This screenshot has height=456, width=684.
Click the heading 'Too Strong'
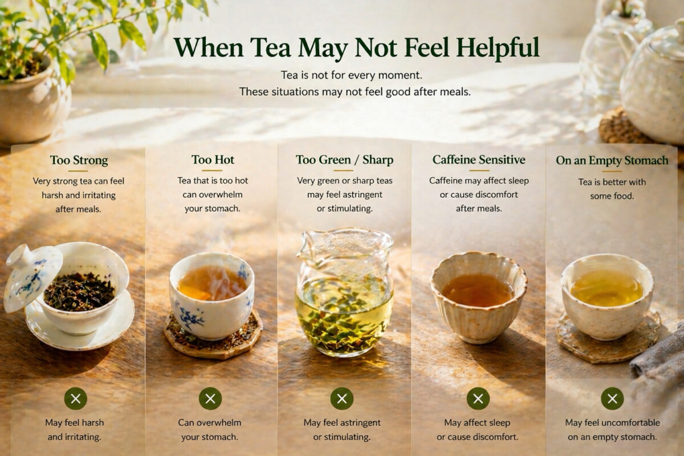(79, 160)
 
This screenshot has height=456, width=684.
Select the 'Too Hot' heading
(213, 160)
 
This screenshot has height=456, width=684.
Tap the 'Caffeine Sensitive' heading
(479, 160)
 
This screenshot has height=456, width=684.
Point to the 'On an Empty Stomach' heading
(612, 161)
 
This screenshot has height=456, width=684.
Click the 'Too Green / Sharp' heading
(344, 160)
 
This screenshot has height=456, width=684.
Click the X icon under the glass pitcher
(342, 398)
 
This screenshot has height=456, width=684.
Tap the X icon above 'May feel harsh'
(75, 398)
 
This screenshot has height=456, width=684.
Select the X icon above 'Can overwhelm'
(210, 398)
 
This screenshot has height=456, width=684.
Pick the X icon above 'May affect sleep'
(478, 398)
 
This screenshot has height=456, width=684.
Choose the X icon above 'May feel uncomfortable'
(612, 398)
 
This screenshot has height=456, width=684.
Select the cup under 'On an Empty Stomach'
(607, 294)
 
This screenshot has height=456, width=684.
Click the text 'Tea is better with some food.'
(612, 189)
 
